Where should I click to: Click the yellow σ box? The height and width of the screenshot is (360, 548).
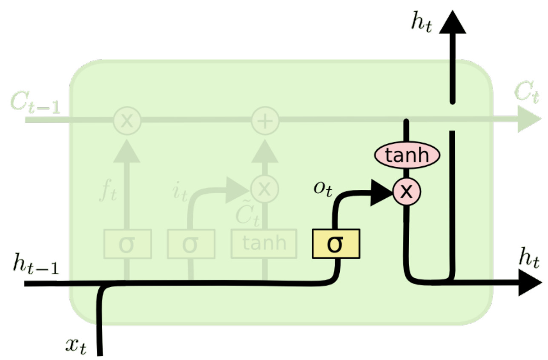pos(336,244)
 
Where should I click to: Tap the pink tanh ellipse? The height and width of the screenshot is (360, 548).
pos(407,155)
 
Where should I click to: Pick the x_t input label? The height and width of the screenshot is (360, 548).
pos(77,346)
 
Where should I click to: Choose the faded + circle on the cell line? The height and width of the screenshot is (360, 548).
pos(265,120)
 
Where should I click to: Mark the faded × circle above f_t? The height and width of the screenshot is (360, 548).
pos(126,120)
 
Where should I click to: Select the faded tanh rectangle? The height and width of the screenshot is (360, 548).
pos(264,243)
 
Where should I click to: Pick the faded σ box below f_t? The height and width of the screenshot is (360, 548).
pos(128,244)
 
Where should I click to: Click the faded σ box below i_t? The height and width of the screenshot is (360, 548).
pos(190,244)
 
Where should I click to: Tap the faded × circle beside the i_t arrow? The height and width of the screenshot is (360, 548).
pos(264,188)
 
